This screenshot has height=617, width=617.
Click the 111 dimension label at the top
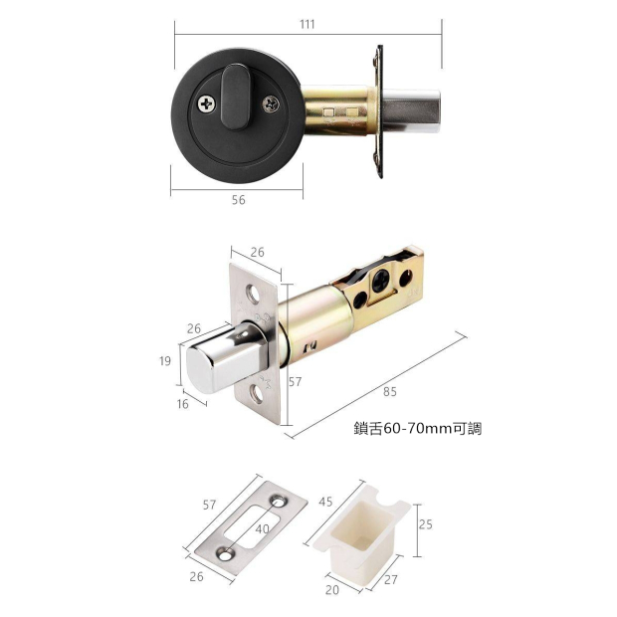pyautogui.click(x=308, y=25)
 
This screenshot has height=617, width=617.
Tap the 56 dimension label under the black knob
pyautogui.click(x=238, y=200)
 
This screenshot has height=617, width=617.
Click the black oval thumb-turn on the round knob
pyautogui.click(x=235, y=97)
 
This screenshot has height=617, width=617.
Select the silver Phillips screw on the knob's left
pyautogui.click(x=207, y=103)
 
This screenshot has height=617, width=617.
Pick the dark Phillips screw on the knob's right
pyautogui.click(x=271, y=103)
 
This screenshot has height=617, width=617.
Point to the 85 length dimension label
pyautogui.click(x=389, y=391)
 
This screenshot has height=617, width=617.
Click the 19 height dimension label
pyautogui.click(x=165, y=361)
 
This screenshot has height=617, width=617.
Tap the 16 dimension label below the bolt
pyautogui.click(x=182, y=404)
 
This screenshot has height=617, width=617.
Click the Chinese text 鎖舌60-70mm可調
pyautogui.click(x=418, y=429)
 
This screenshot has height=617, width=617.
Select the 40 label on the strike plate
pyautogui.click(x=263, y=529)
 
